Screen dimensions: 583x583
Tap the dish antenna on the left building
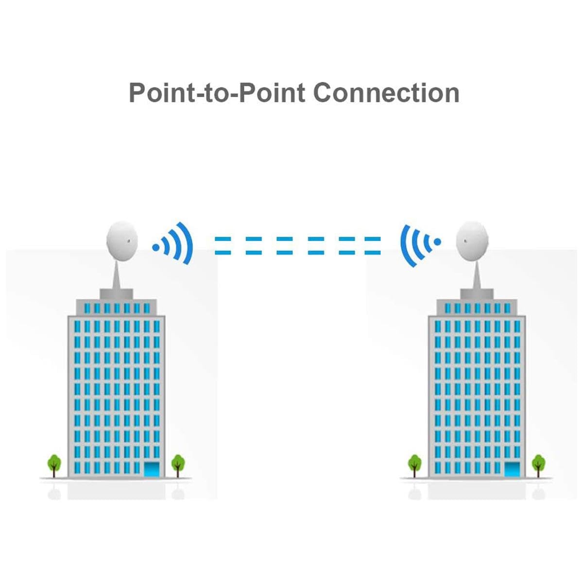tap(122, 241)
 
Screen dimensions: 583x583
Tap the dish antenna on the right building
tap(471, 241)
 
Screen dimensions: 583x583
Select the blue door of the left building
tap(152, 469)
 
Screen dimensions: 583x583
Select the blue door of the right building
tap(513, 469)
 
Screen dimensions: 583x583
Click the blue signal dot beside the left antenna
tap(155, 247)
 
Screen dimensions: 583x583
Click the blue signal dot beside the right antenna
tap(437, 241)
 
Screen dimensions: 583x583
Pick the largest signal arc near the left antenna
tap(188, 243)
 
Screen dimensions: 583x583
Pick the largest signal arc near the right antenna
tap(405, 245)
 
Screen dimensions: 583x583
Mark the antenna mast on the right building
tap(477, 274)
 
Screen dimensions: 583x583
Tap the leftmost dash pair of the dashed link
tap(223, 245)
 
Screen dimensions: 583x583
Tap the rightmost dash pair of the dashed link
tap(373, 245)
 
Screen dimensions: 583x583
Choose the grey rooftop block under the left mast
tap(117, 293)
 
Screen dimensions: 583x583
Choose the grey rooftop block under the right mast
tap(477, 293)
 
